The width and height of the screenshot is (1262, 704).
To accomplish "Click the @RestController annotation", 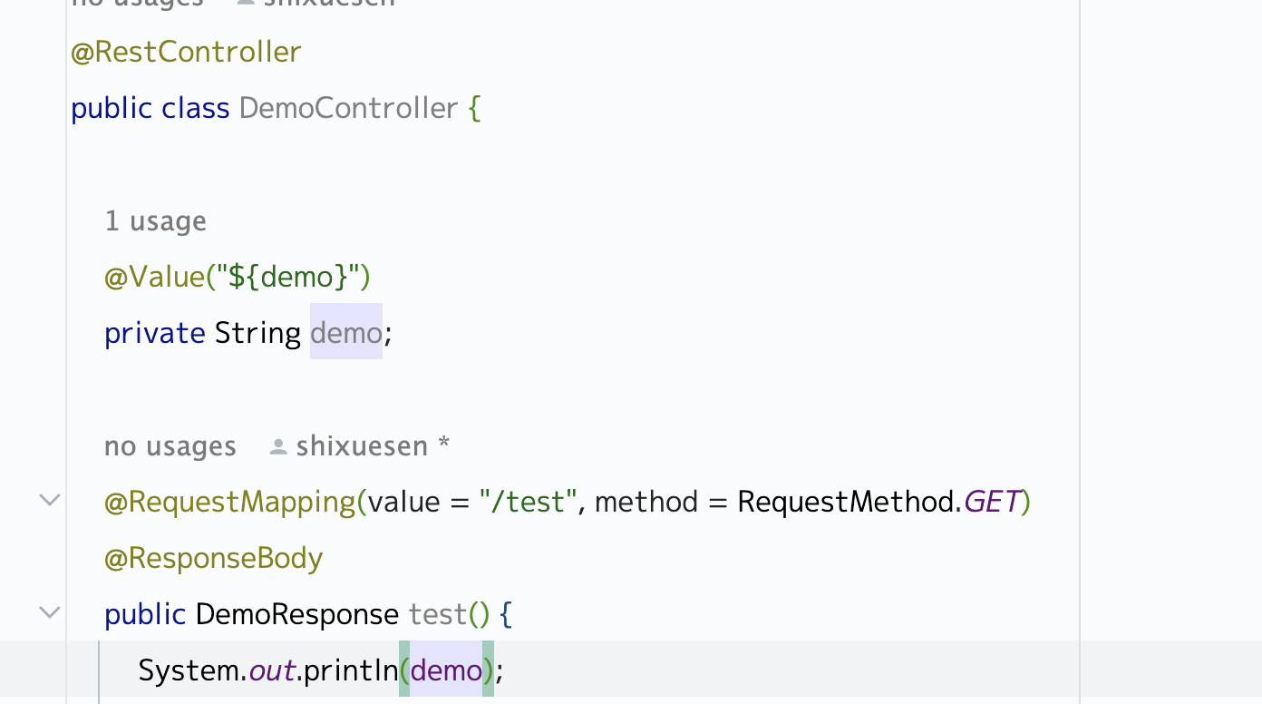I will (x=186, y=52).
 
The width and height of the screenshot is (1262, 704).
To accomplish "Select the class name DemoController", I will (x=348, y=108).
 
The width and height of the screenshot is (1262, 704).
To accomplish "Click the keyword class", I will (x=195, y=108).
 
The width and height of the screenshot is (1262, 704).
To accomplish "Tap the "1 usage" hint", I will (x=155, y=221).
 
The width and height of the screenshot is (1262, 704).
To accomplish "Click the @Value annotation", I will (x=154, y=277).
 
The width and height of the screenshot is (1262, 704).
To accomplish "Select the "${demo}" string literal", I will (x=288, y=277).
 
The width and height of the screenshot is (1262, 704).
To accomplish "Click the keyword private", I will (x=155, y=333).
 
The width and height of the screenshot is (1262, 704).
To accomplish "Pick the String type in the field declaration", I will (x=257, y=333).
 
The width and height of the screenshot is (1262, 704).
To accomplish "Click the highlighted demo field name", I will (x=345, y=333).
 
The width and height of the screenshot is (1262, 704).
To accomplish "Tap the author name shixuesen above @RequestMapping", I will (x=362, y=446).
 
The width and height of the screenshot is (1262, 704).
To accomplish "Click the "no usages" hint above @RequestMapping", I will (x=170, y=446).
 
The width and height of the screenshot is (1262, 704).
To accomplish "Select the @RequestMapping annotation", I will (x=230, y=502).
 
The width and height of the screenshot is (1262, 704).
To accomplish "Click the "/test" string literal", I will (x=529, y=502).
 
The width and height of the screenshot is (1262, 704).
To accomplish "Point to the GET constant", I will (x=992, y=502).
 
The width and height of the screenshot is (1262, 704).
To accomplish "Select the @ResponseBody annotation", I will (x=214, y=558).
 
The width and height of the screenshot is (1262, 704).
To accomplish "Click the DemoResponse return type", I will (x=296, y=614).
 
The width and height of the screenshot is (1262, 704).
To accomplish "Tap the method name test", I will (x=437, y=614).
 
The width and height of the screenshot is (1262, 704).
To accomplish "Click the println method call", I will (x=350, y=670).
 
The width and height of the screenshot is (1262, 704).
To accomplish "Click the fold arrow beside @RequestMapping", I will (x=50, y=500).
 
